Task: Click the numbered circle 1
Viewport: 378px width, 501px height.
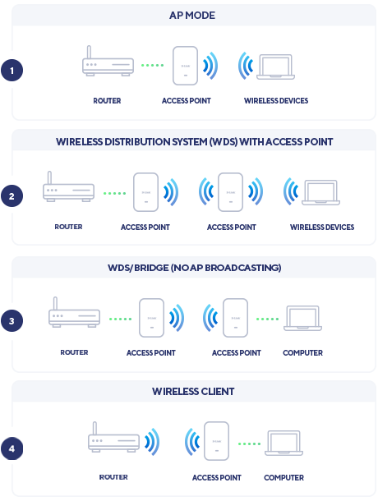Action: tap(12, 71)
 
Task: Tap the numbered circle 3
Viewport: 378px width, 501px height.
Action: tap(12, 321)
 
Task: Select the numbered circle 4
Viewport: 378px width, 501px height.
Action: tap(12, 448)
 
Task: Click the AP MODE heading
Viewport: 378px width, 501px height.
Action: tap(192, 16)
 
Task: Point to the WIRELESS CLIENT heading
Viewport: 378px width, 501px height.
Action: tap(193, 392)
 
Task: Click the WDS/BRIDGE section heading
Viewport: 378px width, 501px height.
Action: tap(195, 268)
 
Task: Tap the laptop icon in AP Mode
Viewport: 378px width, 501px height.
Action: tap(275, 67)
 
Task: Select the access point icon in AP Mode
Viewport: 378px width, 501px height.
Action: tap(185, 66)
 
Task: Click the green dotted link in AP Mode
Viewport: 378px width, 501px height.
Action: tap(153, 65)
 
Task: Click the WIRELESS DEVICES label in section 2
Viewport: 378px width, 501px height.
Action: tap(322, 228)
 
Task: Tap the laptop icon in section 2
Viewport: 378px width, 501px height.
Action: tap(320, 192)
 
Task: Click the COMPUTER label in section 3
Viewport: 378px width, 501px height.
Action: tap(303, 352)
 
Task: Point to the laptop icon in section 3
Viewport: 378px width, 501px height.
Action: tap(302, 318)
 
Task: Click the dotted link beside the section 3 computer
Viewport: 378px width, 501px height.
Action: tap(267, 319)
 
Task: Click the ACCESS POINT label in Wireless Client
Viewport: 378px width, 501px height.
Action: tap(216, 478)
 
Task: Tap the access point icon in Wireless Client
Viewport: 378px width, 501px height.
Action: tap(216, 441)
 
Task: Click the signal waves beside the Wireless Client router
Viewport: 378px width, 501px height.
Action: tap(151, 442)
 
